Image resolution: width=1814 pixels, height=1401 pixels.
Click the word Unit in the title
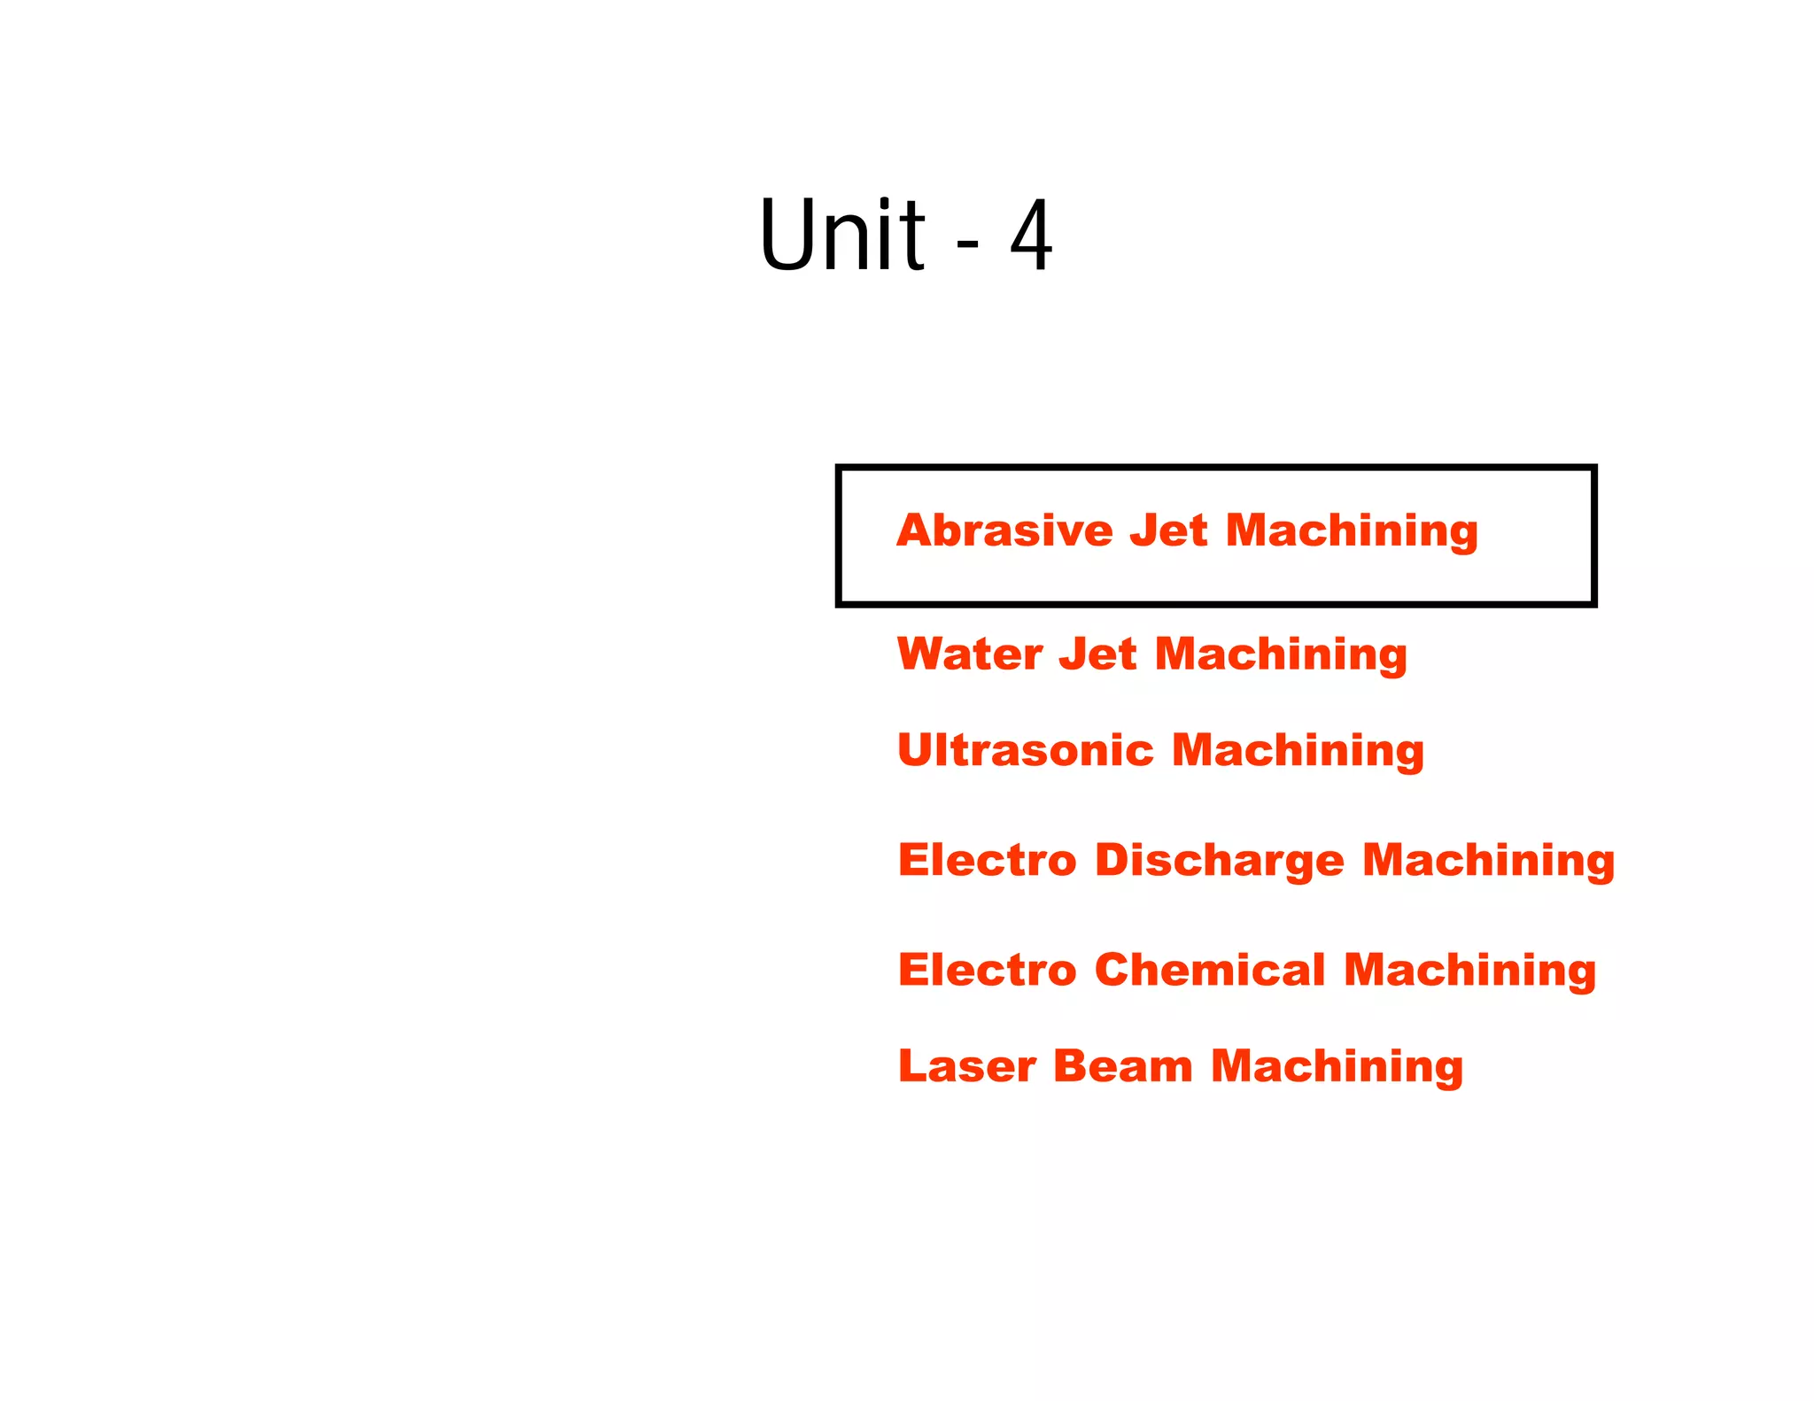point(841,235)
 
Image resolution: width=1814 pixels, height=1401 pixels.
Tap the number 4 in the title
point(1031,236)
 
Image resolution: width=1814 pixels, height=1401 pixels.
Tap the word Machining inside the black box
point(1352,532)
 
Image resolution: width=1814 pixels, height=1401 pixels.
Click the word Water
point(970,654)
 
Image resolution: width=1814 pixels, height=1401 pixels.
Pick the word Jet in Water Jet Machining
point(1097,654)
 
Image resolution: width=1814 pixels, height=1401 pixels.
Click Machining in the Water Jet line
point(1281,656)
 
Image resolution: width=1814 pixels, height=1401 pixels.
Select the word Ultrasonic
point(1026,750)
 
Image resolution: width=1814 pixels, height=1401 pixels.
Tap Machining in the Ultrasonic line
point(1298,752)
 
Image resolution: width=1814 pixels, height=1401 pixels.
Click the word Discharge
point(1219,861)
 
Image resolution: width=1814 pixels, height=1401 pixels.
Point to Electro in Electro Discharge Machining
point(987,860)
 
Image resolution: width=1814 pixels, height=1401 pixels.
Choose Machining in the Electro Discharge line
point(1488,862)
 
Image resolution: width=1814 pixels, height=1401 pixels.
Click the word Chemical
point(1210,970)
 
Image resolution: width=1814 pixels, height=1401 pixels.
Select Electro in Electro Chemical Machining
point(987,970)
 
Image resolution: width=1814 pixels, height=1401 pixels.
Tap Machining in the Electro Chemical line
point(1469,971)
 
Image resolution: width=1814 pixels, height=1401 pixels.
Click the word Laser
point(966,1066)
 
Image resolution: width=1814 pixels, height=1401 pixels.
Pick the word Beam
point(1122,1066)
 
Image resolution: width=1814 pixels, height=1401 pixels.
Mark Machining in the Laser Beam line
point(1337,1068)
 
